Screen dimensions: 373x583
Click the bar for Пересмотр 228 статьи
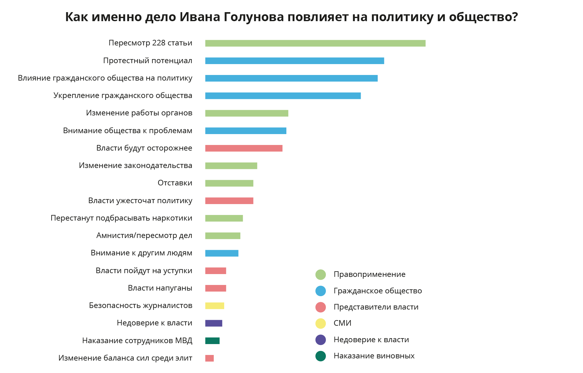[x=315, y=43]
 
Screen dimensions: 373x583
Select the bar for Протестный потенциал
[x=294, y=61]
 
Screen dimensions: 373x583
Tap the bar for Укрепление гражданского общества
[x=283, y=96]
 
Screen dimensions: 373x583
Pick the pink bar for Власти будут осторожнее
[x=244, y=148]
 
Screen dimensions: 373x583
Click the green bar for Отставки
[x=229, y=183]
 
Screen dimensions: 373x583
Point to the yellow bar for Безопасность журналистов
[x=215, y=306]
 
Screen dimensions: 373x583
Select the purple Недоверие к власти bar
[x=214, y=323]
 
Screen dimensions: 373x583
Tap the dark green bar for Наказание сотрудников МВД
[x=212, y=341]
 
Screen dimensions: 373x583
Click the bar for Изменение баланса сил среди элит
[x=210, y=358]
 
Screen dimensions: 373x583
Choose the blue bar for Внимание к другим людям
[x=222, y=253]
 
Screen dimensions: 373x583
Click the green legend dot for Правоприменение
[x=321, y=275]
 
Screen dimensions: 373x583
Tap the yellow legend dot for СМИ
[x=321, y=324]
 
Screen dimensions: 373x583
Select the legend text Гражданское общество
[x=377, y=291]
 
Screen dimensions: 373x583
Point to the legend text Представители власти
[x=376, y=307]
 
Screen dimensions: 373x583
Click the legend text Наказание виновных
[x=374, y=356]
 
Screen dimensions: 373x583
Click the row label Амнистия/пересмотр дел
[x=144, y=235]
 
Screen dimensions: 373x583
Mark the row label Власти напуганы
[x=160, y=288]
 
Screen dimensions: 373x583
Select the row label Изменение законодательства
[x=135, y=166]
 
